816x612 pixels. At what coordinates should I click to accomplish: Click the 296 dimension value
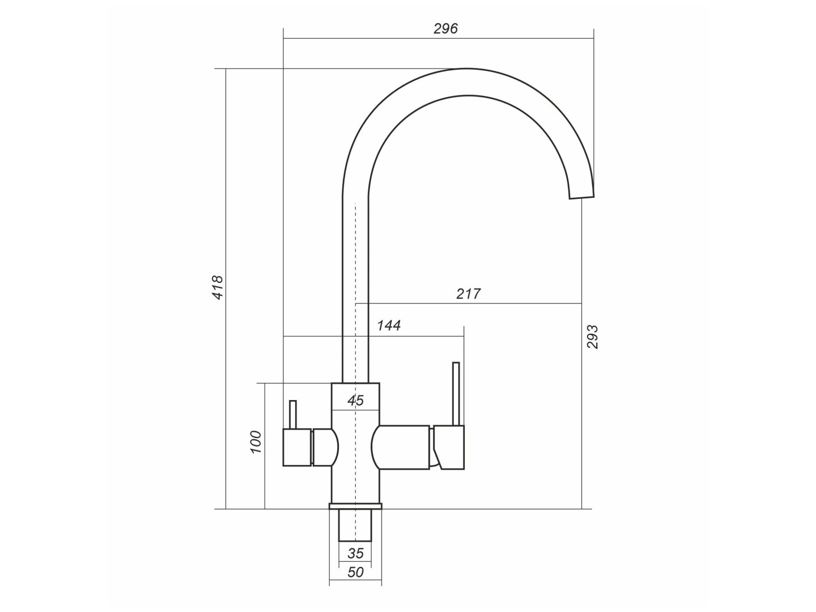click(445, 28)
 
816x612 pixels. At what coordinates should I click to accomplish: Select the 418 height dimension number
click(218, 287)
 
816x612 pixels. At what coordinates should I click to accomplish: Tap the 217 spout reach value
click(469, 294)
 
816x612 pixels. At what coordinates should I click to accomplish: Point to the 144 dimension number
click(389, 325)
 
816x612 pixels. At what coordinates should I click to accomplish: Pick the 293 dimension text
click(593, 337)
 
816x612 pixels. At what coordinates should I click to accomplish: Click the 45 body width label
click(355, 401)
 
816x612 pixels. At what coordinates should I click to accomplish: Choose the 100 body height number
click(256, 442)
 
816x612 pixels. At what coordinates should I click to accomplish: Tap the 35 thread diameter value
click(355, 564)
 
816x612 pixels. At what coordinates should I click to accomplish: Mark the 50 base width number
click(355, 583)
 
